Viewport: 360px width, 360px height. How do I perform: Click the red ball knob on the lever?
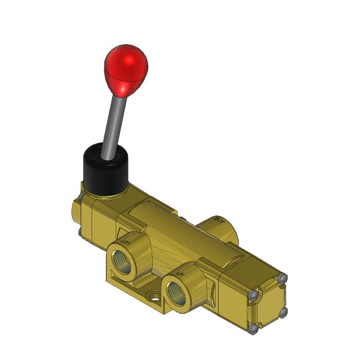(125, 69)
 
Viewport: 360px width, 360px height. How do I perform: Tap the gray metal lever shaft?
(116, 124)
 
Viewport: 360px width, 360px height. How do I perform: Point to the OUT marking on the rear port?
(220, 221)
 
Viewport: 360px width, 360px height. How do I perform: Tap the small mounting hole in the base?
(153, 296)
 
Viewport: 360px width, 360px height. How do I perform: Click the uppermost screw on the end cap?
(281, 278)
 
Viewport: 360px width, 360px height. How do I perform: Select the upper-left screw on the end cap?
(253, 295)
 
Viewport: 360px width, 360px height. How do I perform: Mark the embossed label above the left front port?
(125, 238)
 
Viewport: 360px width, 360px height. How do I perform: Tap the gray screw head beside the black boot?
(81, 198)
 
